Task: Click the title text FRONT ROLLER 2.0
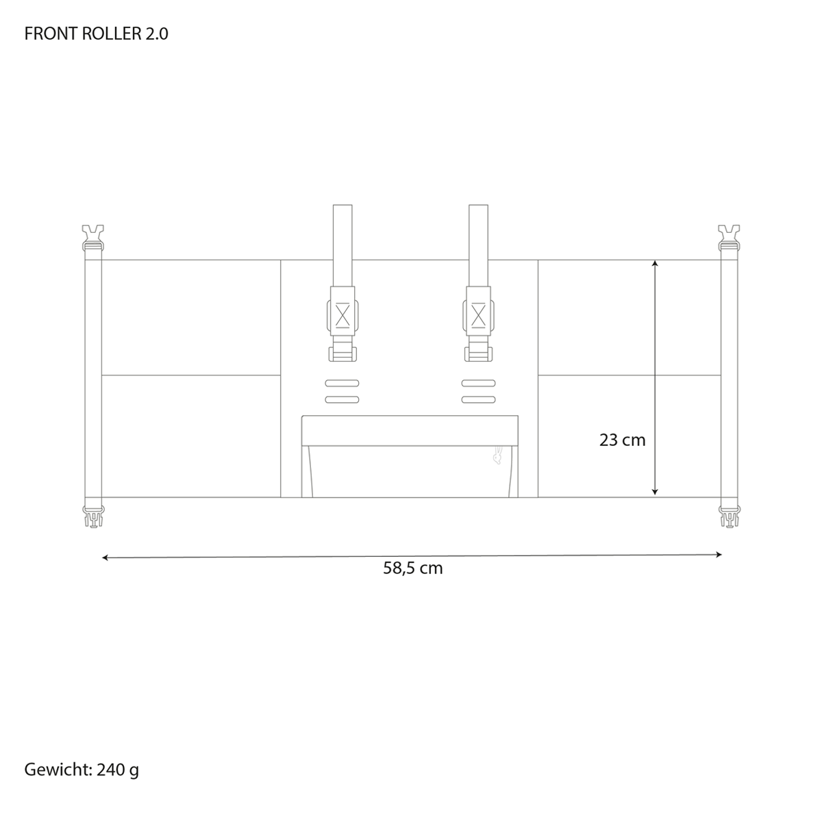pyautogui.click(x=97, y=34)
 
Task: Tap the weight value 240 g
pyautogui.click(x=118, y=770)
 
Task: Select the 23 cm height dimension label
pyautogui.click(x=622, y=440)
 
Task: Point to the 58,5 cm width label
pyautogui.click(x=412, y=568)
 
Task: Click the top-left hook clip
pyautogui.click(x=93, y=238)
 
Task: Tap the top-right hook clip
pyautogui.click(x=729, y=238)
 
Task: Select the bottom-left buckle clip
pyautogui.click(x=93, y=516)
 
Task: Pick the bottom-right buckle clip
pyautogui.click(x=730, y=516)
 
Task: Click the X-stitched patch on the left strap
pyautogui.click(x=342, y=316)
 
